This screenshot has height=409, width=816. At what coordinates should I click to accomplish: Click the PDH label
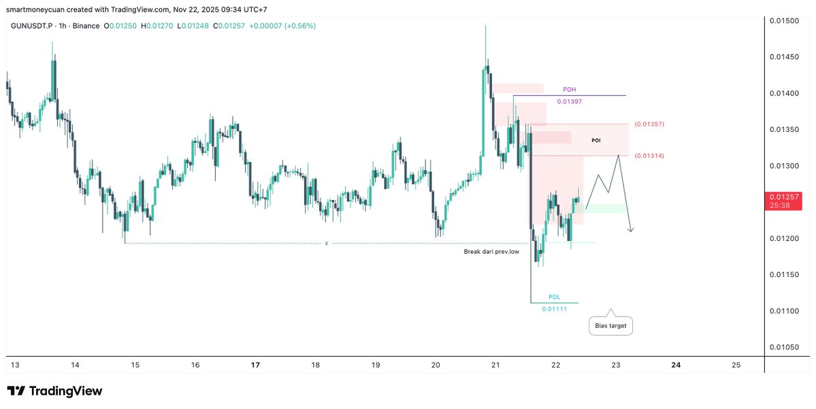pyautogui.click(x=570, y=90)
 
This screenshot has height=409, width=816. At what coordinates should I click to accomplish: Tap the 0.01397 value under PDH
pyautogui.click(x=569, y=101)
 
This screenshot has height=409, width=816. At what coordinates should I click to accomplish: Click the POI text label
pyautogui.click(x=595, y=140)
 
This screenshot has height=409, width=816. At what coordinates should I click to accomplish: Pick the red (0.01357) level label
pyautogui.click(x=649, y=125)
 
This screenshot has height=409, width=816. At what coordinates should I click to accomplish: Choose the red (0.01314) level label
pyautogui.click(x=649, y=156)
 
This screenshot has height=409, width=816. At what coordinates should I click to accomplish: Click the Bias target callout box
pyautogui.click(x=610, y=327)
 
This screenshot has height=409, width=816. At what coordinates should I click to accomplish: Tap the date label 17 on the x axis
pyautogui.click(x=255, y=365)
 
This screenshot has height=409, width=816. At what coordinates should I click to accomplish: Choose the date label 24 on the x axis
pyautogui.click(x=676, y=365)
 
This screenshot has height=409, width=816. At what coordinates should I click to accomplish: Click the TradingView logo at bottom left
pyautogui.click(x=54, y=391)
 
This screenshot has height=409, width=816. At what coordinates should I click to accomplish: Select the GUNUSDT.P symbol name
pyautogui.click(x=33, y=26)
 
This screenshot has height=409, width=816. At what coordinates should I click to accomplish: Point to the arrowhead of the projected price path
pyautogui.click(x=632, y=231)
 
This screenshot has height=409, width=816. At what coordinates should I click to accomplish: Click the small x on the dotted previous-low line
pyautogui.click(x=327, y=243)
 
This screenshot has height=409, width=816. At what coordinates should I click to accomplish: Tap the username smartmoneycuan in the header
pyautogui.click(x=31, y=8)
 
